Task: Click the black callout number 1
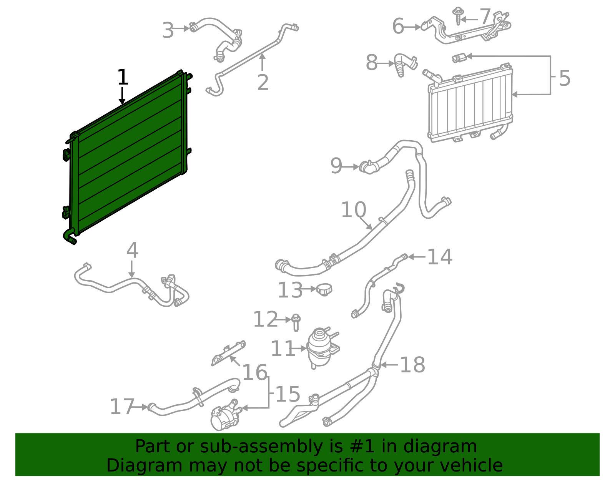[x=122, y=78]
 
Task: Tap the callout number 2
[x=263, y=83]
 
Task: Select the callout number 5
[x=564, y=78]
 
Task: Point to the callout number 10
[x=353, y=210]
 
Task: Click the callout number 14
[x=440, y=257]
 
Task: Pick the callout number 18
[x=412, y=365]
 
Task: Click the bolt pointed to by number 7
[x=458, y=16]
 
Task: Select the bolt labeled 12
[x=296, y=322]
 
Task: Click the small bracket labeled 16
[x=229, y=352]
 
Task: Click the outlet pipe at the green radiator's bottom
[x=70, y=236]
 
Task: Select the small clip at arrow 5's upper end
[x=459, y=58]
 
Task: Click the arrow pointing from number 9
[x=350, y=167]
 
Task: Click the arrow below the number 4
[x=132, y=269]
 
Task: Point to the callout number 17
[x=122, y=407]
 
